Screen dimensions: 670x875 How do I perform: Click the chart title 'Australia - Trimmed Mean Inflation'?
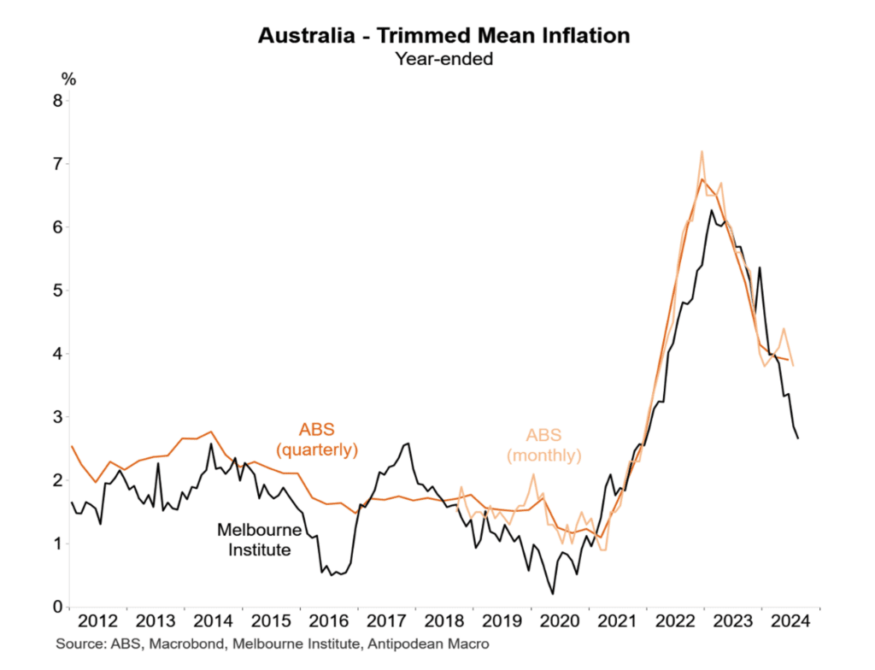click(443, 36)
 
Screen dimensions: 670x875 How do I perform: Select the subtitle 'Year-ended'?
click(443, 59)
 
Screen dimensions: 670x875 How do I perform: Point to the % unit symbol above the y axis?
click(68, 79)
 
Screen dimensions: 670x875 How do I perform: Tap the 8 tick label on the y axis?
click(57, 101)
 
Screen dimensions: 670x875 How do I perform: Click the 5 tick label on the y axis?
click(57, 291)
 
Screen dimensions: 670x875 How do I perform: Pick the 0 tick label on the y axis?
click(57, 607)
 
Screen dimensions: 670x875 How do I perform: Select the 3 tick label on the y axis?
click(57, 417)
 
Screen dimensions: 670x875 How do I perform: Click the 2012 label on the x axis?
click(98, 621)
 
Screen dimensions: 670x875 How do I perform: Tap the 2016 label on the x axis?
click(330, 621)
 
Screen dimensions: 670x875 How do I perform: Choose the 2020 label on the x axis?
click(561, 621)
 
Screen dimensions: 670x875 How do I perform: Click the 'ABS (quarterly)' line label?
click(315, 439)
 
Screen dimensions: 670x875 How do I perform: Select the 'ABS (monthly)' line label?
click(544, 446)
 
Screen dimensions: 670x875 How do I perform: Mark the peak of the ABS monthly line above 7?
click(702, 151)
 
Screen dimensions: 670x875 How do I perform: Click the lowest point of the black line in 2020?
click(552, 594)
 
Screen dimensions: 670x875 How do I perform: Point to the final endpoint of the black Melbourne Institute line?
click(798, 438)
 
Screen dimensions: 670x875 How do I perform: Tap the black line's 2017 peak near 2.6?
click(408, 443)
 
